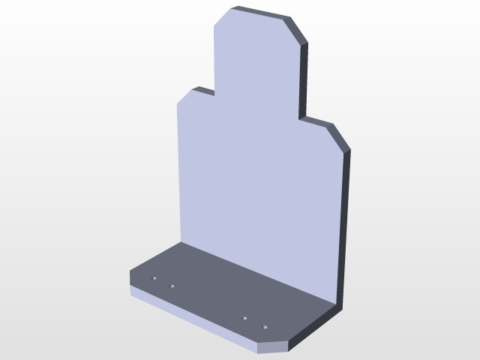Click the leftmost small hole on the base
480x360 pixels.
pyautogui.click(x=154, y=277)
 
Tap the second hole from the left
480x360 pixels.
pyautogui.click(x=171, y=286)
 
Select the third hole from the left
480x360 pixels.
pyautogui.click(x=245, y=319)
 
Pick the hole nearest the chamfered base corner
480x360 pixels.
pyautogui.click(x=264, y=327)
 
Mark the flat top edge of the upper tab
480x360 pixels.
pyautogui.click(x=259, y=11)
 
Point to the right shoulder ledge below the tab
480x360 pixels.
pyautogui.click(x=315, y=120)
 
